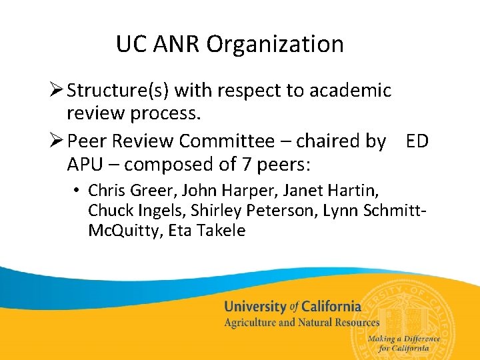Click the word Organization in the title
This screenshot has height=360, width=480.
[x=275, y=45]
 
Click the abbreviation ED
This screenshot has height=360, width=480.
[x=417, y=141]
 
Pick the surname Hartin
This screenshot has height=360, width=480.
[x=354, y=191]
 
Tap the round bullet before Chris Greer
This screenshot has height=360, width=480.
[x=78, y=191]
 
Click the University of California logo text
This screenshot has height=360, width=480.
[x=293, y=307]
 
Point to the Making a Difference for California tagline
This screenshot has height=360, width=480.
[x=409, y=343]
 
